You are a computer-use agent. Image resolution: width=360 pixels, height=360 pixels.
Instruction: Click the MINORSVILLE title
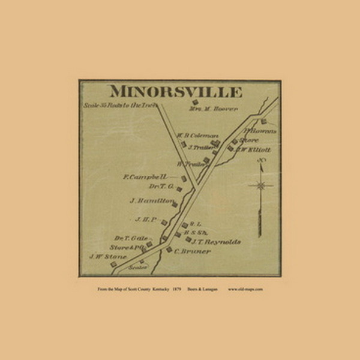(x=175, y=92)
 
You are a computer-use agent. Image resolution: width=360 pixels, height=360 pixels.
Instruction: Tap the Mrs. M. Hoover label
(x=214, y=109)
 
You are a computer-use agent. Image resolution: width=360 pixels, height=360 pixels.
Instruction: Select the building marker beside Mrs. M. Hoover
(x=193, y=101)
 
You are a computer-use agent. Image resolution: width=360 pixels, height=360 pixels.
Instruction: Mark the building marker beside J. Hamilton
(x=175, y=205)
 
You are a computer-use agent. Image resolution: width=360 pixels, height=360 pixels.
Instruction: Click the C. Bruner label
(x=193, y=251)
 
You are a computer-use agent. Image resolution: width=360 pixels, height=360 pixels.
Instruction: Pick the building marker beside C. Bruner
(x=169, y=249)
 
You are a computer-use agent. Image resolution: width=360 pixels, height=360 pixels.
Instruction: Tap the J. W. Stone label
(x=108, y=257)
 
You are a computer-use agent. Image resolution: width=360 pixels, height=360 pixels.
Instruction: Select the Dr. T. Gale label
(x=131, y=238)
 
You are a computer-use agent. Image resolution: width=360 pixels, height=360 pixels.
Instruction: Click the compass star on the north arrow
(x=261, y=185)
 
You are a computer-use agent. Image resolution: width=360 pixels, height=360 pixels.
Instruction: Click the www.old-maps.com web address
(x=245, y=289)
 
